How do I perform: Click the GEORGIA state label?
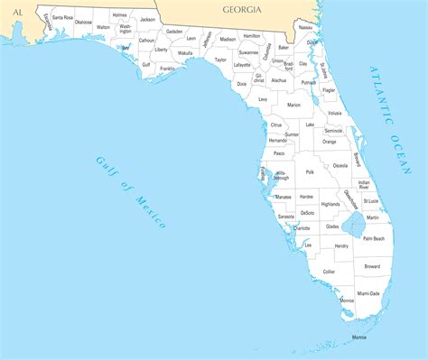point(241,9)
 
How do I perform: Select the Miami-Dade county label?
point(368,293)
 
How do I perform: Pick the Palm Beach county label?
point(374,238)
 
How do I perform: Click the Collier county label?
point(329,271)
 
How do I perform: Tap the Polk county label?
point(310,171)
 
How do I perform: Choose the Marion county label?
point(293,105)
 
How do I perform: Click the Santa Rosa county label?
point(62,18)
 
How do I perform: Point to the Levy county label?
point(263,99)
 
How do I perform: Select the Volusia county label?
point(335,113)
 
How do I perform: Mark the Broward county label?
point(372,266)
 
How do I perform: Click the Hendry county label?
point(341,245)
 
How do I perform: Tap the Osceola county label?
point(340,166)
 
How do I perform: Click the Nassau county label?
point(305,28)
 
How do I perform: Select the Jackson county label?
point(147,19)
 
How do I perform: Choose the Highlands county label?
point(330,205)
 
